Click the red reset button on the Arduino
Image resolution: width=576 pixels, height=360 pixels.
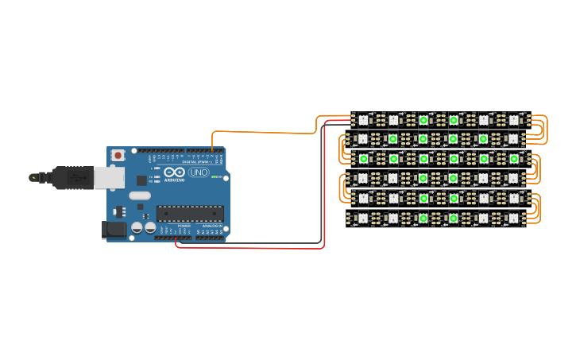coord(118,155)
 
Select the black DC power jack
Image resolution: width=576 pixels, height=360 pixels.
coord(114,230)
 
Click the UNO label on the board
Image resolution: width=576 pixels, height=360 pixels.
coord(198,172)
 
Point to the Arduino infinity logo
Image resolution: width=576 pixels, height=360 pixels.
coord(174,172)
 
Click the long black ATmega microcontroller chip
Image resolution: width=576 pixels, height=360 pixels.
coord(190,213)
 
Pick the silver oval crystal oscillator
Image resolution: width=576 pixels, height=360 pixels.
coord(139,195)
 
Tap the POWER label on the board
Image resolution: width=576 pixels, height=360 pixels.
coord(184,226)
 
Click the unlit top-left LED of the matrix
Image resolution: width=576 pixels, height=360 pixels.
coord(363,120)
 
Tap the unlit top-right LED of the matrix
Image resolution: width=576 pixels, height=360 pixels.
coord(513,120)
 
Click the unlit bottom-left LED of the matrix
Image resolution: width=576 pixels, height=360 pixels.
coord(363,218)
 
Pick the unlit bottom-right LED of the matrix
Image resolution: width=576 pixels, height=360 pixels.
coord(513,218)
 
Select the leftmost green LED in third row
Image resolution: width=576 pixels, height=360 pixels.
coord(363,159)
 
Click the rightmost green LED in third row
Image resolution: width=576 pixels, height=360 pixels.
coord(513,159)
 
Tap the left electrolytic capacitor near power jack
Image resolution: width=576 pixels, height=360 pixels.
coord(137,227)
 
